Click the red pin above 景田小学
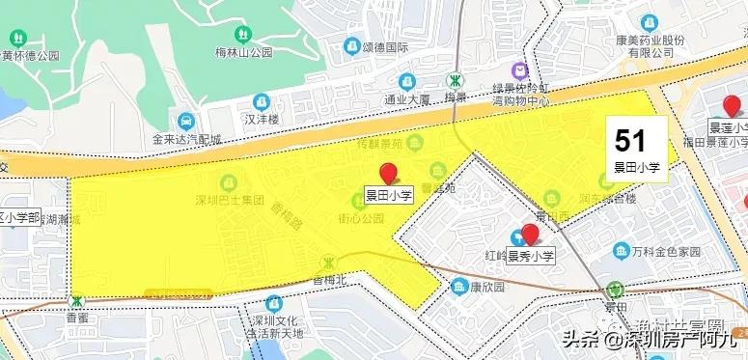point(389,174)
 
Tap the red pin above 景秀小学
point(529,234)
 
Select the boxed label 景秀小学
point(531,256)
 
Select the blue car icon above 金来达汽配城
point(184,122)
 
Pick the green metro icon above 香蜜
point(76,301)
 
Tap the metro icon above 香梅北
point(331,262)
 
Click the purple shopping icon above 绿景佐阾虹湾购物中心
point(519,70)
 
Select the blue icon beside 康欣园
point(459,287)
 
